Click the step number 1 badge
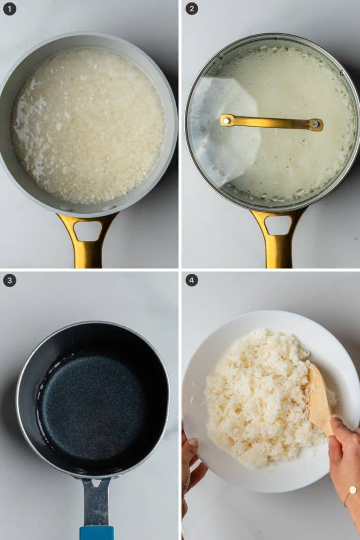point(9,8)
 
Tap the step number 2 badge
point(192,8)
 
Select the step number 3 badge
point(9,280)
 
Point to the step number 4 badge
point(192,280)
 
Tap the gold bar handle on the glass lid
point(271,123)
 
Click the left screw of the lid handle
point(227,120)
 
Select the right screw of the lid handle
point(315,124)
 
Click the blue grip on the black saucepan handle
point(97,533)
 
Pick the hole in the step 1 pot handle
point(88,231)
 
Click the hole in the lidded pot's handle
point(278,225)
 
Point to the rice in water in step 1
point(88,126)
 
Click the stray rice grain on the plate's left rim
point(192,400)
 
